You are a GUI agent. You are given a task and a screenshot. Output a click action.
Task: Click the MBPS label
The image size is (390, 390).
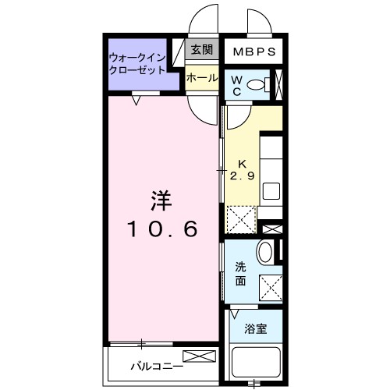[254, 53]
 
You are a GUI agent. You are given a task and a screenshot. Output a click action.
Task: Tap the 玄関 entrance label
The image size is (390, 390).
[201, 49]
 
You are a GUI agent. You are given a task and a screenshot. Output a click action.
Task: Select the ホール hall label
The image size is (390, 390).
[201, 78]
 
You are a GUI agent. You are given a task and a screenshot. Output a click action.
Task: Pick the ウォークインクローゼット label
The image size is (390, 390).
[137, 63]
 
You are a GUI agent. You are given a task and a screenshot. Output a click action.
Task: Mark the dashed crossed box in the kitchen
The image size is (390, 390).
[241, 219]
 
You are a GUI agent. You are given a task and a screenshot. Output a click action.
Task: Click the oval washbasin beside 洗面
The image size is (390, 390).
[265, 253]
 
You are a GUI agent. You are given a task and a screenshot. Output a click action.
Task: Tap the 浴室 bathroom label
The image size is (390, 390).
[256, 328]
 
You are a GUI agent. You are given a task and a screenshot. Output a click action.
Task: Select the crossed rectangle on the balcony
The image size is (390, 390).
[199, 357]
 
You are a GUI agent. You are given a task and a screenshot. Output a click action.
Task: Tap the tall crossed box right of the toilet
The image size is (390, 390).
[280, 85]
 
